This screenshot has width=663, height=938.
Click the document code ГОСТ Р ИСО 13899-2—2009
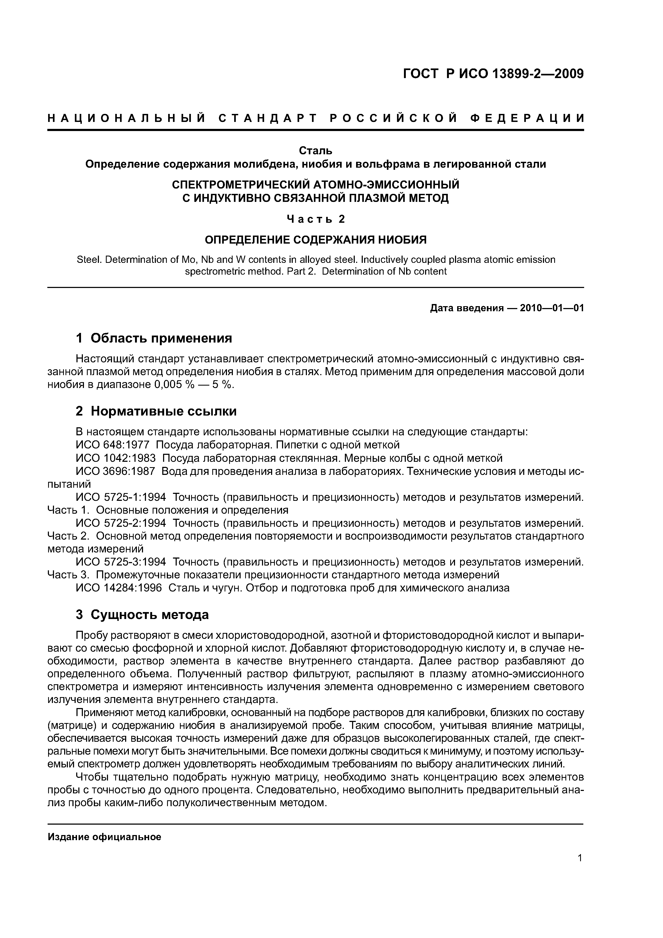point(494,74)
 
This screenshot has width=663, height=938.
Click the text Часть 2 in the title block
point(315,219)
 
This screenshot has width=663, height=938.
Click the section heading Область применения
point(161,338)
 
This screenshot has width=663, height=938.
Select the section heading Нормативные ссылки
point(163,411)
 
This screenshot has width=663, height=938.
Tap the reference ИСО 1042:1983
point(116,458)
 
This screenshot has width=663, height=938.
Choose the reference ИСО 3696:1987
point(116,471)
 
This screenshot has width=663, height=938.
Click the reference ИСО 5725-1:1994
point(121,497)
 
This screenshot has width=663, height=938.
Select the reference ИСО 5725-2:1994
point(121,523)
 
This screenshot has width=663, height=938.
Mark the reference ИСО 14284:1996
point(119,588)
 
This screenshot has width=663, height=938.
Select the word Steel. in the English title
point(89,260)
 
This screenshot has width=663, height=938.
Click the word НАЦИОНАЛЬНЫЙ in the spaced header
point(126,118)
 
